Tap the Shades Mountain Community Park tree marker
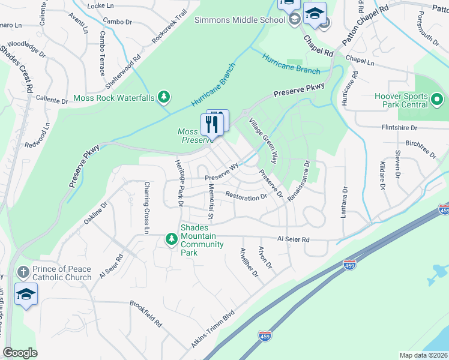click(x=172, y=239)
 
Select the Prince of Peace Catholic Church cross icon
click(x=24, y=272)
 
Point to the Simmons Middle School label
click(x=240, y=20)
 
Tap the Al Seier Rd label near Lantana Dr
click(x=293, y=239)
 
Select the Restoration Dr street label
click(x=246, y=196)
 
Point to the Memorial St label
click(x=210, y=201)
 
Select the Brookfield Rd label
click(x=146, y=312)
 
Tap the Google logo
click(x=20, y=353)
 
